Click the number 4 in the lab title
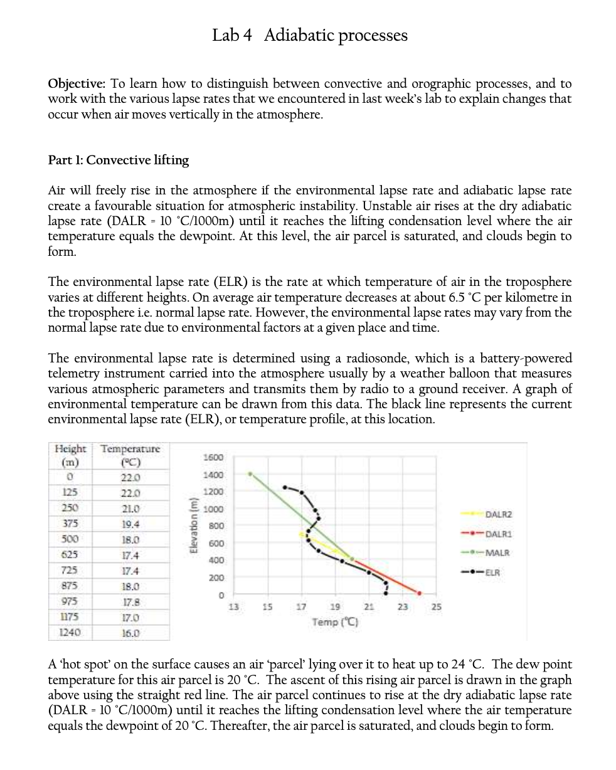248,35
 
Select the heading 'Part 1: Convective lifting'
119,160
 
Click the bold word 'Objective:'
77,83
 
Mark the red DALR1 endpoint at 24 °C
420,593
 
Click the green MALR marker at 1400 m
250,474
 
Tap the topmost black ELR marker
284,487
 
